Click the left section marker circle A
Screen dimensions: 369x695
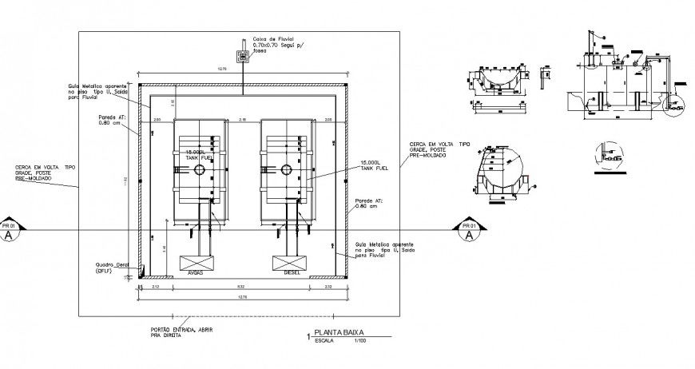pos(9,236)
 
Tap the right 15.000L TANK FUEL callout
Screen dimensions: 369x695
pos(373,164)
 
